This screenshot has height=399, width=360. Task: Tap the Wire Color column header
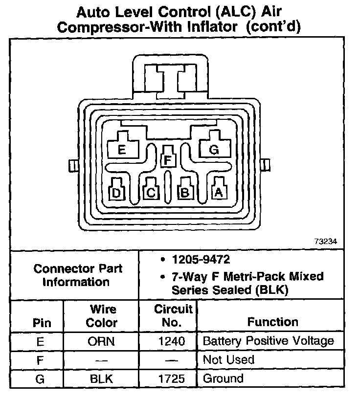102,316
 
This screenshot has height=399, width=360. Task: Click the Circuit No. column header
168,316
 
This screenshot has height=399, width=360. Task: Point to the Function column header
272,322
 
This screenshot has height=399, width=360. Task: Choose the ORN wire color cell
102,341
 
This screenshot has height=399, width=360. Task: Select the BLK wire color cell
102,378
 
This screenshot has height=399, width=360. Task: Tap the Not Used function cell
228,360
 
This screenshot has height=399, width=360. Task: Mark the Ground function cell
223,378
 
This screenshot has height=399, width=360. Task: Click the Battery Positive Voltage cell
268,341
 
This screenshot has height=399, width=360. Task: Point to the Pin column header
41,323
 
